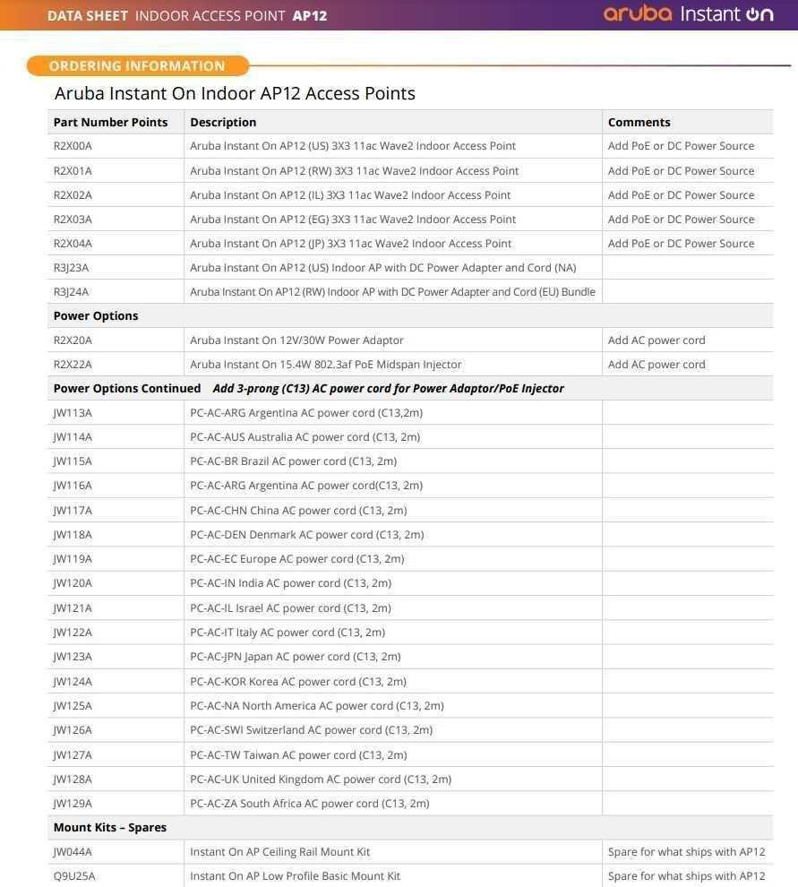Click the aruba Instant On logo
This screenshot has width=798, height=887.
pyautogui.click(x=688, y=13)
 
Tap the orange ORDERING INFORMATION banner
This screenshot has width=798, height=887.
pyautogui.click(x=137, y=65)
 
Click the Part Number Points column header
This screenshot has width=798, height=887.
pyautogui.click(x=110, y=122)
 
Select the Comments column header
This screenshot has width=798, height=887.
pyautogui.click(x=639, y=122)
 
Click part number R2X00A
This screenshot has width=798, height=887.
pyautogui.click(x=73, y=146)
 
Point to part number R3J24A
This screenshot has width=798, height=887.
pyautogui.click(x=71, y=292)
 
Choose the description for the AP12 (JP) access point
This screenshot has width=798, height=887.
pyautogui.click(x=350, y=244)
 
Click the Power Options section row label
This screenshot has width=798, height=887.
pyautogui.click(x=96, y=316)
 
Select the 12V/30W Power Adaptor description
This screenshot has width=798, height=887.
pyautogui.click(x=296, y=340)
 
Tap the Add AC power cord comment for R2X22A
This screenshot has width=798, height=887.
pyautogui.click(x=656, y=365)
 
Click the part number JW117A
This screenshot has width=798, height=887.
pyautogui.click(x=73, y=511)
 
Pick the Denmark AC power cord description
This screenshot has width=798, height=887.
pyautogui.click(x=306, y=535)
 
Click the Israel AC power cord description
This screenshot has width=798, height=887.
pyautogui.click(x=290, y=608)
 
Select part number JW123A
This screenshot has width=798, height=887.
pyautogui.click(x=73, y=657)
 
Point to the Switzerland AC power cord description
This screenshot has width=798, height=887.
pyautogui.click(x=311, y=730)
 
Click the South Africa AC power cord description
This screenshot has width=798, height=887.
pyautogui.click(x=309, y=804)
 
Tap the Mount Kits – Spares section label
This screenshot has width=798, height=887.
pyautogui.click(x=110, y=828)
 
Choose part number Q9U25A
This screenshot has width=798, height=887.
pyautogui.click(x=74, y=876)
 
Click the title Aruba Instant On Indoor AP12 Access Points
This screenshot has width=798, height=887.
pyautogui.click(x=235, y=93)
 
